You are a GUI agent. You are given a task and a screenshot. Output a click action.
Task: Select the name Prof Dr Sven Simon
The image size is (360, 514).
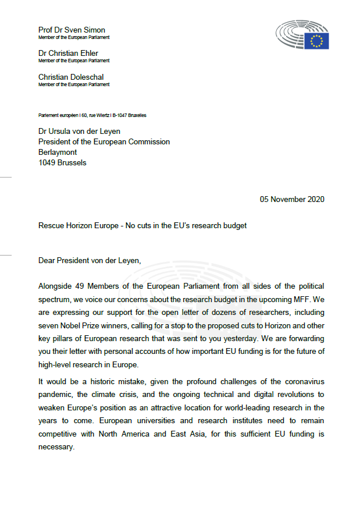click(x=72, y=30)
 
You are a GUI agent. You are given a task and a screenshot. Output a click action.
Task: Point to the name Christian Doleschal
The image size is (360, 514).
click(x=70, y=77)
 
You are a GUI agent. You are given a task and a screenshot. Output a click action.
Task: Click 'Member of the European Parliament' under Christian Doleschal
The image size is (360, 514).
click(x=74, y=84)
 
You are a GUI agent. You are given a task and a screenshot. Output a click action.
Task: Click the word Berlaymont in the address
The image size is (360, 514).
click(x=58, y=153)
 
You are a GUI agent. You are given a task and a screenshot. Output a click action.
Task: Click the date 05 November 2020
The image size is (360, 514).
click(x=292, y=199)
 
